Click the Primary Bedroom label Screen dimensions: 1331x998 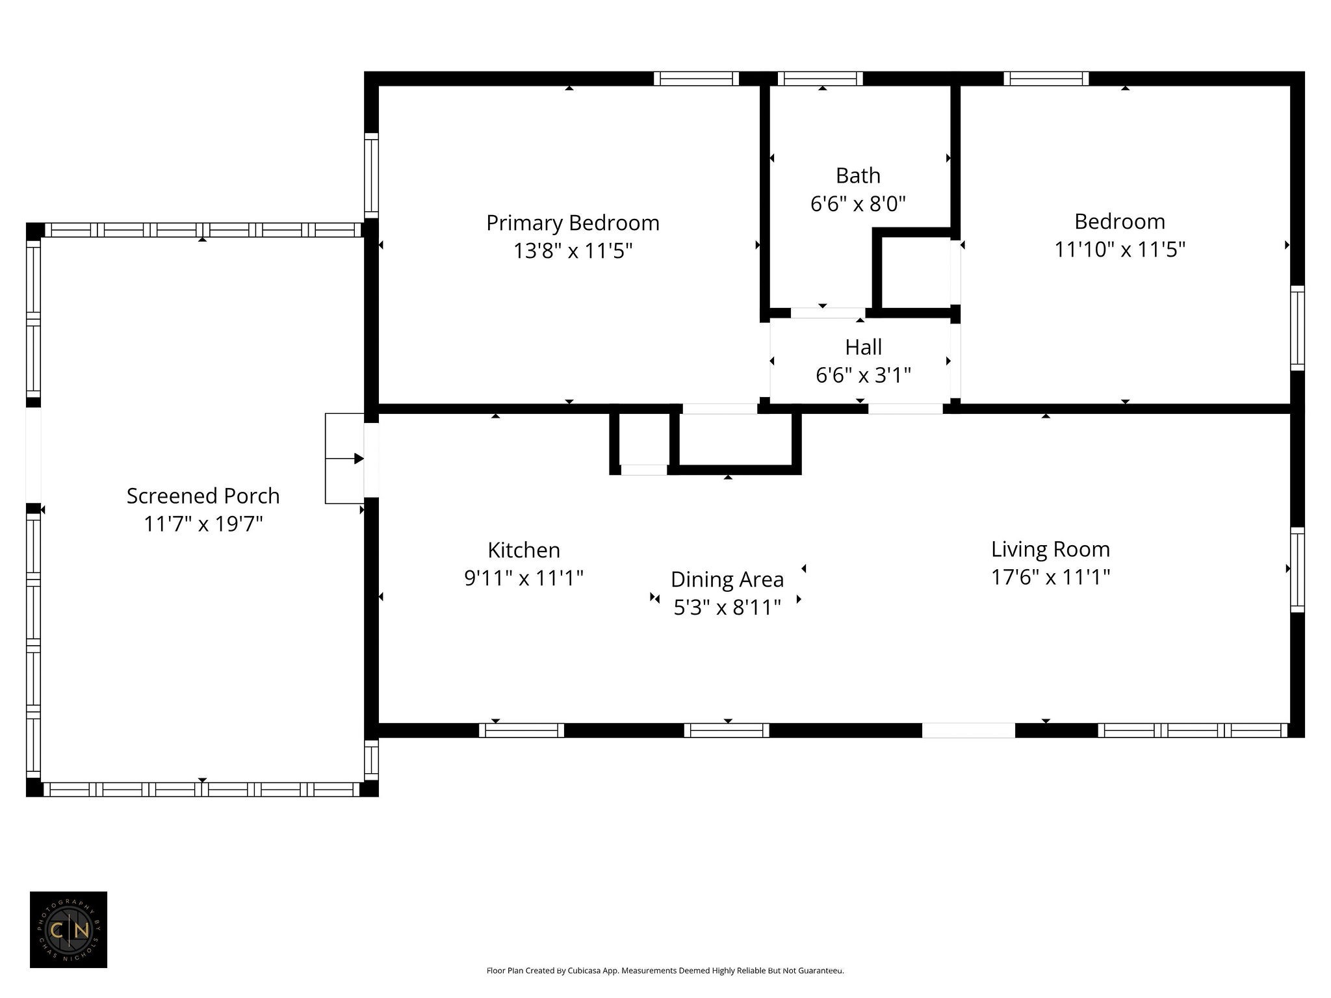pyautogui.click(x=573, y=224)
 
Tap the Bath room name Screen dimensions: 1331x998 pyautogui.click(x=858, y=175)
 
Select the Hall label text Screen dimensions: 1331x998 pyautogui.click(x=863, y=347)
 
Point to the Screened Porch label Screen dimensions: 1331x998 pyautogui.click(x=203, y=496)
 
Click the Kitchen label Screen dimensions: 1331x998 pyautogui.click(x=524, y=550)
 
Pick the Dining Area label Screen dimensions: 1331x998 pyautogui.click(x=727, y=580)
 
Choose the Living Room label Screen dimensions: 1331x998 pyautogui.click(x=1050, y=550)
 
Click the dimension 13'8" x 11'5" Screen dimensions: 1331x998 pyautogui.click(x=573, y=251)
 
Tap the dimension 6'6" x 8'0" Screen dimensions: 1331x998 pyautogui.click(x=858, y=204)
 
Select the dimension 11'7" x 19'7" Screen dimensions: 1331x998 pyautogui.click(x=203, y=524)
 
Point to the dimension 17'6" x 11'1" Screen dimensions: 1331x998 pyautogui.click(x=1050, y=577)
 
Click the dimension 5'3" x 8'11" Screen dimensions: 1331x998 pyautogui.click(x=727, y=608)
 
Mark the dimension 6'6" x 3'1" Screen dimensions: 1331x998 pyautogui.click(x=863, y=376)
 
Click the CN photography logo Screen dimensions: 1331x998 pyautogui.click(x=68, y=930)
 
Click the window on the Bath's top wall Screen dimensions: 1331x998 pyautogui.click(x=820, y=79)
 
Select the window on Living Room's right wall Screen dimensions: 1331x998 pyautogui.click(x=1297, y=570)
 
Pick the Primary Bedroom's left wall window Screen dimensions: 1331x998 pyautogui.click(x=371, y=175)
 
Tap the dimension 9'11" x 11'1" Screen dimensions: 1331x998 pyautogui.click(x=524, y=578)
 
